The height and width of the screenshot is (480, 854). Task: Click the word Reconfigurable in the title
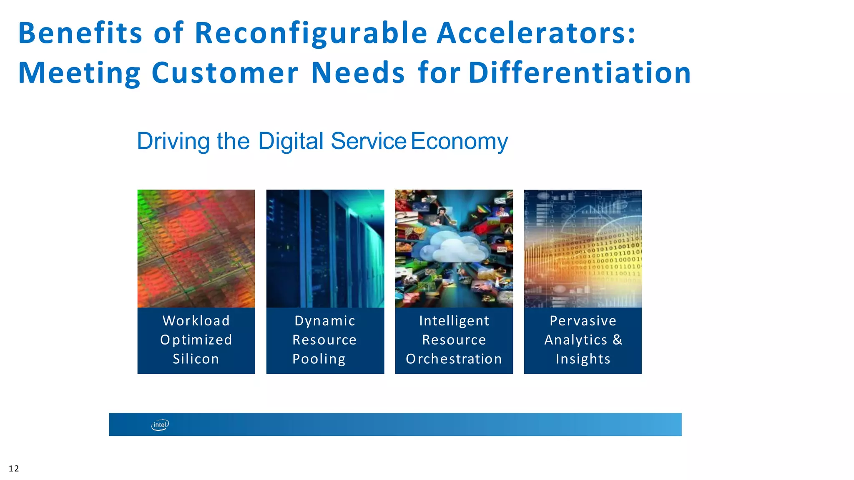click(311, 33)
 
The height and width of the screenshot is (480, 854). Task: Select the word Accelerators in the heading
click(536, 33)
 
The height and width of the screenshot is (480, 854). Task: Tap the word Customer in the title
click(225, 73)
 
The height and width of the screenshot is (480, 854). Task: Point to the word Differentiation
click(580, 73)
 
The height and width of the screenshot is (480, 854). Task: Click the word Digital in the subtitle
click(291, 141)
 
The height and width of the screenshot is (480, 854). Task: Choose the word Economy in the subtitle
click(459, 142)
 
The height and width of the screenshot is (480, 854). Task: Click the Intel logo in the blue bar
click(160, 425)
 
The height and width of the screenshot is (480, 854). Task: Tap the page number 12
click(14, 469)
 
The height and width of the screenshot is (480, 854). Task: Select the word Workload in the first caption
click(196, 321)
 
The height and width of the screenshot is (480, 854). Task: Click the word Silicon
click(196, 359)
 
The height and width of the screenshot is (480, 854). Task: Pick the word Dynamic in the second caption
click(325, 321)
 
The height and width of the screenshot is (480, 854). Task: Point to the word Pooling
click(319, 359)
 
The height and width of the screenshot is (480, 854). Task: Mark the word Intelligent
click(454, 321)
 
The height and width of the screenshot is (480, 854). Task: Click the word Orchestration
click(454, 359)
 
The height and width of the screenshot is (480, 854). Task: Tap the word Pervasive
click(583, 321)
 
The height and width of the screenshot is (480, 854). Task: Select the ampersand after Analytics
click(618, 340)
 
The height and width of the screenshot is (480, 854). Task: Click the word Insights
click(583, 359)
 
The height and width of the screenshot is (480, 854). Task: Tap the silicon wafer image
click(196, 248)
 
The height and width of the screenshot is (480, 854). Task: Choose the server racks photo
click(325, 248)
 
